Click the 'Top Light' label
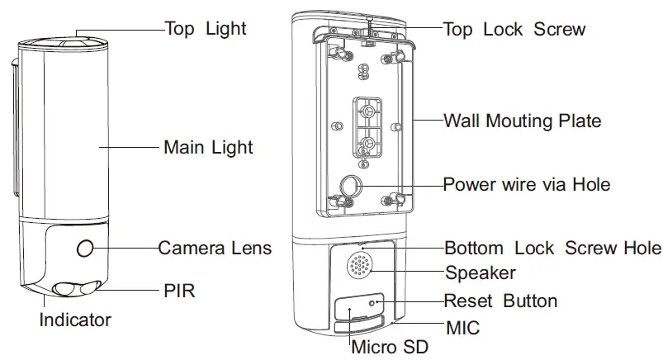point(206,29)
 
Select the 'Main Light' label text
point(208,148)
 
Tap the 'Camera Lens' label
point(215,247)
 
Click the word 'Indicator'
point(75,319)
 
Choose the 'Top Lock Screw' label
point(514,29)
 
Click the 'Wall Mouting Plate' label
point(523,121)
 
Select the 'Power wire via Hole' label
point(527,183)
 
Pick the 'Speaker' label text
point(481,272)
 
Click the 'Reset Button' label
point(501,301)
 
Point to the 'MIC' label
point(462,328)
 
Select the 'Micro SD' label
point(391,346)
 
